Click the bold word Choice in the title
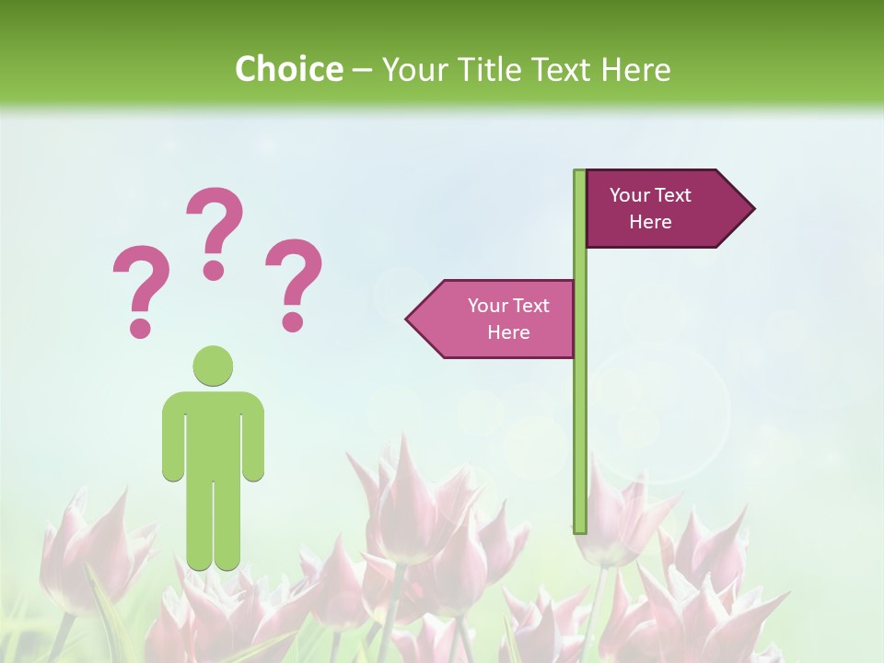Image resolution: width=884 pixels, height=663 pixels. [288, 69]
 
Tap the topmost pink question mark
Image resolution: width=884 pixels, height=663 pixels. [215, 226]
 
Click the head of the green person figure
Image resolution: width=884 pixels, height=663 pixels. [213, 366]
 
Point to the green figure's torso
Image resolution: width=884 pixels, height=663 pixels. [213, 433]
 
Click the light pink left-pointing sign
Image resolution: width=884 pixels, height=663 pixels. [497, 319]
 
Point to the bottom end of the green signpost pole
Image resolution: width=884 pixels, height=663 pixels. [580, 528]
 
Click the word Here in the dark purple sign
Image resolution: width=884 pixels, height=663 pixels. [650, 222]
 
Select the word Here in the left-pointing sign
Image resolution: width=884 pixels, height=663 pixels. [508, 332]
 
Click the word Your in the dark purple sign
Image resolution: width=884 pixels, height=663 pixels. [630, 195]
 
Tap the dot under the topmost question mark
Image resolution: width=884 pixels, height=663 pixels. [214, 270]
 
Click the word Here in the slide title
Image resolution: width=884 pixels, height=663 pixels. [636, 69]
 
